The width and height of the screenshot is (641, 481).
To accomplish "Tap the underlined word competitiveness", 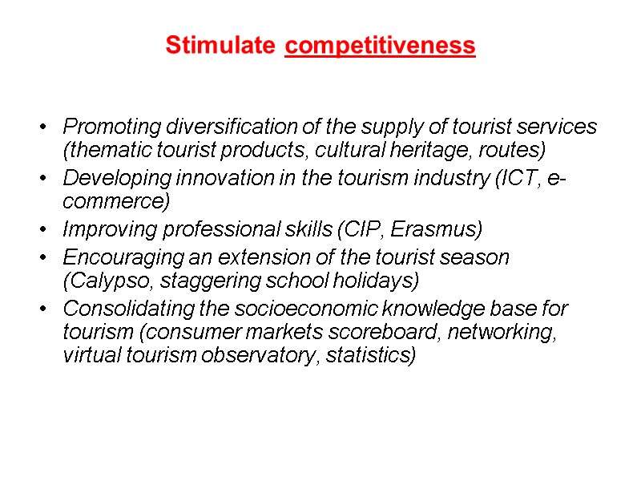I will (381, 46).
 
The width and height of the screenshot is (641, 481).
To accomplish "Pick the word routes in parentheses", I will (520, 149).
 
